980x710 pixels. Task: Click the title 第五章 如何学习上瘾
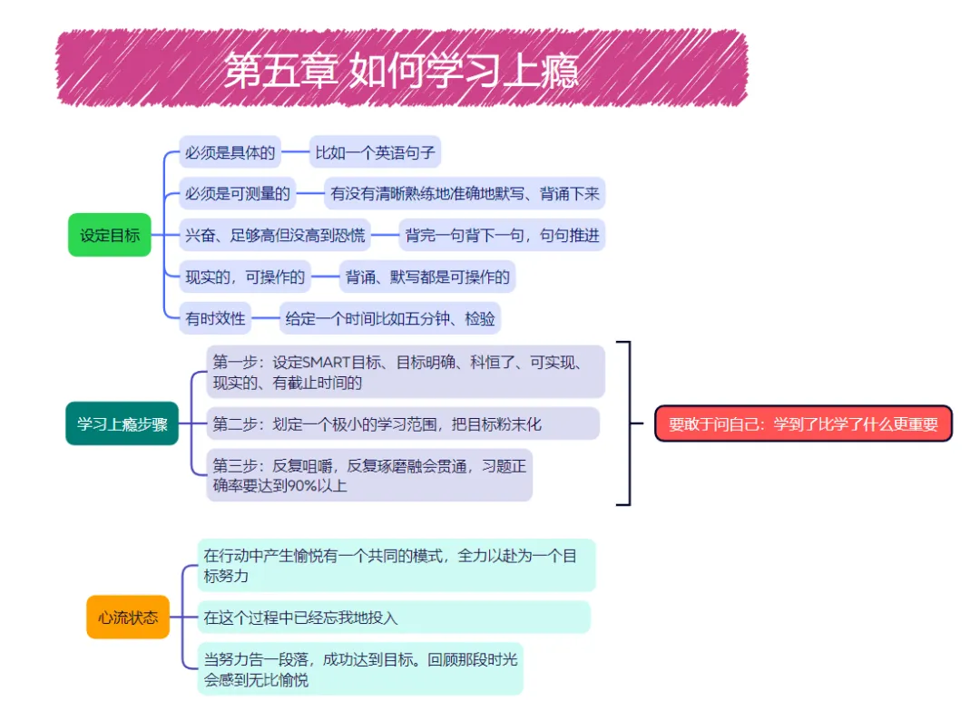[400, 71]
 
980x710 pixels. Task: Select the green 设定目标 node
[110, 235]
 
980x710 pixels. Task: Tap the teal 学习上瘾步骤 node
[122, 423]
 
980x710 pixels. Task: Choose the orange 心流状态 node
[128, 617]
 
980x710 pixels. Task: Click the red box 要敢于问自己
[803, 423]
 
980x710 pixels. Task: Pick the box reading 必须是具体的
[230, 152]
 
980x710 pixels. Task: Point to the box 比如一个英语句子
[375, 152]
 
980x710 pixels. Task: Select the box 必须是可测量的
[238, 193]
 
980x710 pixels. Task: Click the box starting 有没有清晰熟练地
[464, 193]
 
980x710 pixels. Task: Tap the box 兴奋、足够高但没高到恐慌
[275, 235]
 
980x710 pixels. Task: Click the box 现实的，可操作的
[245, 277]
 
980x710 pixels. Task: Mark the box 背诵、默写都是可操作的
[427, 277]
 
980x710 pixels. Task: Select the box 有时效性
[215, 318]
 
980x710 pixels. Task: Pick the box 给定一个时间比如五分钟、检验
[390, 318]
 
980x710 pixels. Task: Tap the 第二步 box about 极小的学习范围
[402, 423]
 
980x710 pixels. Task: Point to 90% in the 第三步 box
[299, 485]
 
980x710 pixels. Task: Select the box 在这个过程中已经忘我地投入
[393, 617]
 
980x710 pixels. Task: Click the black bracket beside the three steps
[625, 423]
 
